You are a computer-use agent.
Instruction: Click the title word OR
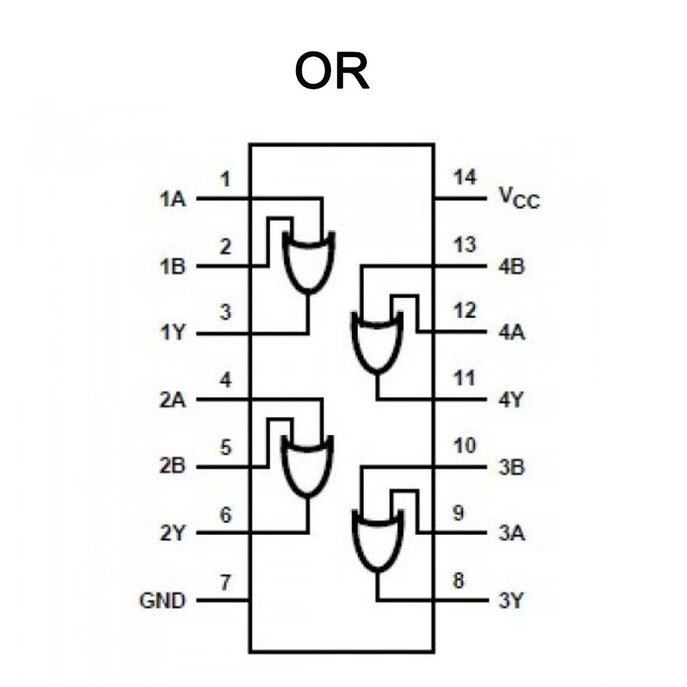tap(333, 71)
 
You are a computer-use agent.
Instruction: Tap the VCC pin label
tap(519, 199)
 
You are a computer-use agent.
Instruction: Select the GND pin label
tap(162, 601)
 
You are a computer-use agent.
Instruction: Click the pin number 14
tap(464, 177)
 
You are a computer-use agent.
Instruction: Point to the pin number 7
tap(225, 583)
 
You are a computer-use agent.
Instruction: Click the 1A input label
tap(172, 200)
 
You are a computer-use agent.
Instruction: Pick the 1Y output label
tap(172, 335)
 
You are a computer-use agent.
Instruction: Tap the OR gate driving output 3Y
tap(376, 540)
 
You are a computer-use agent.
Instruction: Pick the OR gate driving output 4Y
tap(376, 341)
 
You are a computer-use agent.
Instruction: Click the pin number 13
tap(464, 245)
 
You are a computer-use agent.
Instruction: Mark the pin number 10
tap(464, 447)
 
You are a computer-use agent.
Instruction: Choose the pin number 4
tap(225, 379)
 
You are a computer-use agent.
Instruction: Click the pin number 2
tap(225, 246)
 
